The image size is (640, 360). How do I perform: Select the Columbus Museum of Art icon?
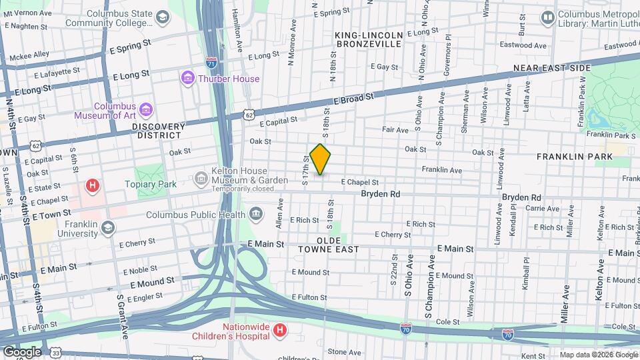146,108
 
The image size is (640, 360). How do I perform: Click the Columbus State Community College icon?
162,17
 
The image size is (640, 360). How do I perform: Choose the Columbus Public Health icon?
255,214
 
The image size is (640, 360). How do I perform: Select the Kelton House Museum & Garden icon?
200,179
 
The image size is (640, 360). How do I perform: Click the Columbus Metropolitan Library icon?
548,17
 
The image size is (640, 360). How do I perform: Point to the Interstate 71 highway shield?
211,61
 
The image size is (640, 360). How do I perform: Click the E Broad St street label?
354,98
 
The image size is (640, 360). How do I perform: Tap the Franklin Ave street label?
441,170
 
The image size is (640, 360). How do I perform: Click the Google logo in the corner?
22,351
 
